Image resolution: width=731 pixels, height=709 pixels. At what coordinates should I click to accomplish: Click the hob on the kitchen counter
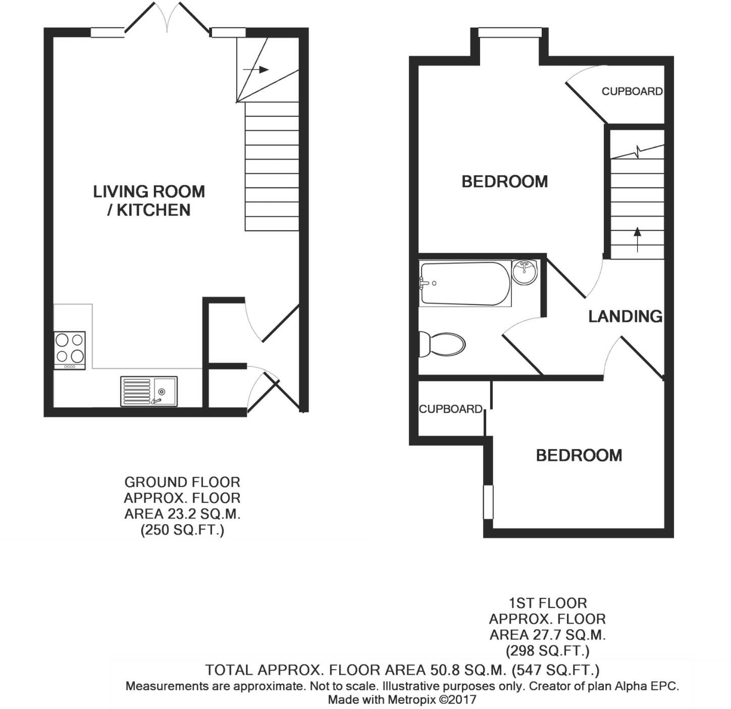coord(70,349)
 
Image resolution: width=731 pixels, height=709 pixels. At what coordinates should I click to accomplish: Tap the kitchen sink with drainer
coord(148,391)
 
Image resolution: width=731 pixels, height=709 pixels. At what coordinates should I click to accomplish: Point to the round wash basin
coord(524,272)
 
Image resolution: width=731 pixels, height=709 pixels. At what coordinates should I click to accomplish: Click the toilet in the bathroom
coord(443,344)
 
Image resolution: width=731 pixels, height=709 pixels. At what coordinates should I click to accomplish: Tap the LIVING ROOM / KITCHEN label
coord(149,200)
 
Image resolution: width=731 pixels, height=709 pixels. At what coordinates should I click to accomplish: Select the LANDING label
coord(625,316)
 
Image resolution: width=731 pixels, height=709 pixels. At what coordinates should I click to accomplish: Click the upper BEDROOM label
coord(504,181)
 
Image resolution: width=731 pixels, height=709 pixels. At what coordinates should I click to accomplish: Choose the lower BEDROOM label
coord(579,455)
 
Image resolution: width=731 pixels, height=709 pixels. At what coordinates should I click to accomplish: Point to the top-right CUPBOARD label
coord(632,91)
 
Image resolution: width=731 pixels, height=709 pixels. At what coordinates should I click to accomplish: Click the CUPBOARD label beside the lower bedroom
coord(450,409)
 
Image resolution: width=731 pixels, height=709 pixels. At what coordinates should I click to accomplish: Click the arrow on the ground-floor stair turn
coord(256,70)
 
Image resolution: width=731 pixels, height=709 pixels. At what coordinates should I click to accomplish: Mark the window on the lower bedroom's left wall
coord(488,502)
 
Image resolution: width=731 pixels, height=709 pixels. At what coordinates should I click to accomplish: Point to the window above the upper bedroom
coord(509,33)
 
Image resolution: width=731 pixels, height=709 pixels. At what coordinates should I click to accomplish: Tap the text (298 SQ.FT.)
coord(547,650)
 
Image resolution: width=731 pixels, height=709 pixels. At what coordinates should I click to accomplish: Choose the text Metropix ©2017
coord(432,700)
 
